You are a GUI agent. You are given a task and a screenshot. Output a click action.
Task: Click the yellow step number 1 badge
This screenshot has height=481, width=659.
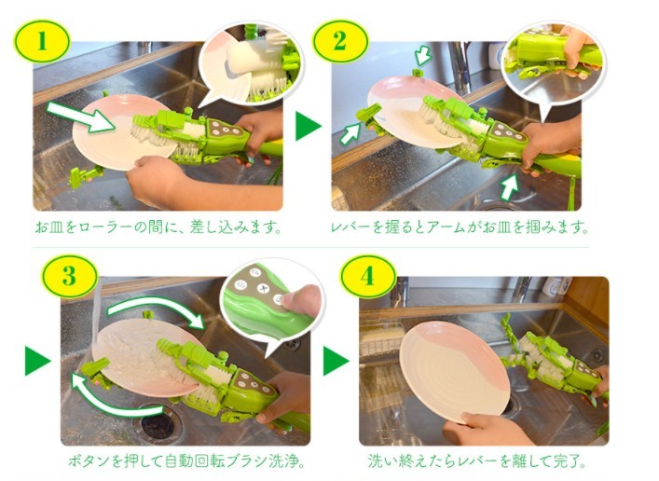(42, 41)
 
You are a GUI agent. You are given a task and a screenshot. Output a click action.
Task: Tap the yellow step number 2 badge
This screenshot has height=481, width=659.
(340, 41)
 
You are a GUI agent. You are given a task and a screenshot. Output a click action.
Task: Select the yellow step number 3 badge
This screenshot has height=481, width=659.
(69, 276)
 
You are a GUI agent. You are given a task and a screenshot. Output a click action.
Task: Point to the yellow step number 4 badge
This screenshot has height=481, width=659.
(367, 276)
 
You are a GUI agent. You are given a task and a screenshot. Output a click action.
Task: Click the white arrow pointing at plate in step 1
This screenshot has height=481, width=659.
(80, 117)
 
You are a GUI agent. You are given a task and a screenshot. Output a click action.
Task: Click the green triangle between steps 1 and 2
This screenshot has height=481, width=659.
(308, 125)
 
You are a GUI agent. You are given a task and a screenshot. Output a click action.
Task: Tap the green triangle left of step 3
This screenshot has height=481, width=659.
(37, 361)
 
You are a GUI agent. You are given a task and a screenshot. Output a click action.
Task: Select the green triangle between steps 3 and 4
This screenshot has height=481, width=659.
(336, 361)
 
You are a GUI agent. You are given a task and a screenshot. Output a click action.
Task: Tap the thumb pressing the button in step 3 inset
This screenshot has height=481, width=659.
(302, 300)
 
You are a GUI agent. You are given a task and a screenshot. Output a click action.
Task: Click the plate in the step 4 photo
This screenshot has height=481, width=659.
(454, 369)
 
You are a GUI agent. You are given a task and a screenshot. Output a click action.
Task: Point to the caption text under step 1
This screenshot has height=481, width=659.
(158, 227)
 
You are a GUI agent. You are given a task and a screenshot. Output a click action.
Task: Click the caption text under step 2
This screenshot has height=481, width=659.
(460, 227)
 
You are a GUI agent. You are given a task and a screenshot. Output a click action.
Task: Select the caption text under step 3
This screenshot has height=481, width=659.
(186, 461)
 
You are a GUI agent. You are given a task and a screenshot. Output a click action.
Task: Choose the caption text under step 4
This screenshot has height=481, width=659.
(477, 461)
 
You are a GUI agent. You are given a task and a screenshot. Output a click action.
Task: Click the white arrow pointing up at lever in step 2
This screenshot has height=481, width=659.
(510, 186)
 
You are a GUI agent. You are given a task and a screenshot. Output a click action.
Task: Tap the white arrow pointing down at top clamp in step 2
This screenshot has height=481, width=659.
(423, 56)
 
